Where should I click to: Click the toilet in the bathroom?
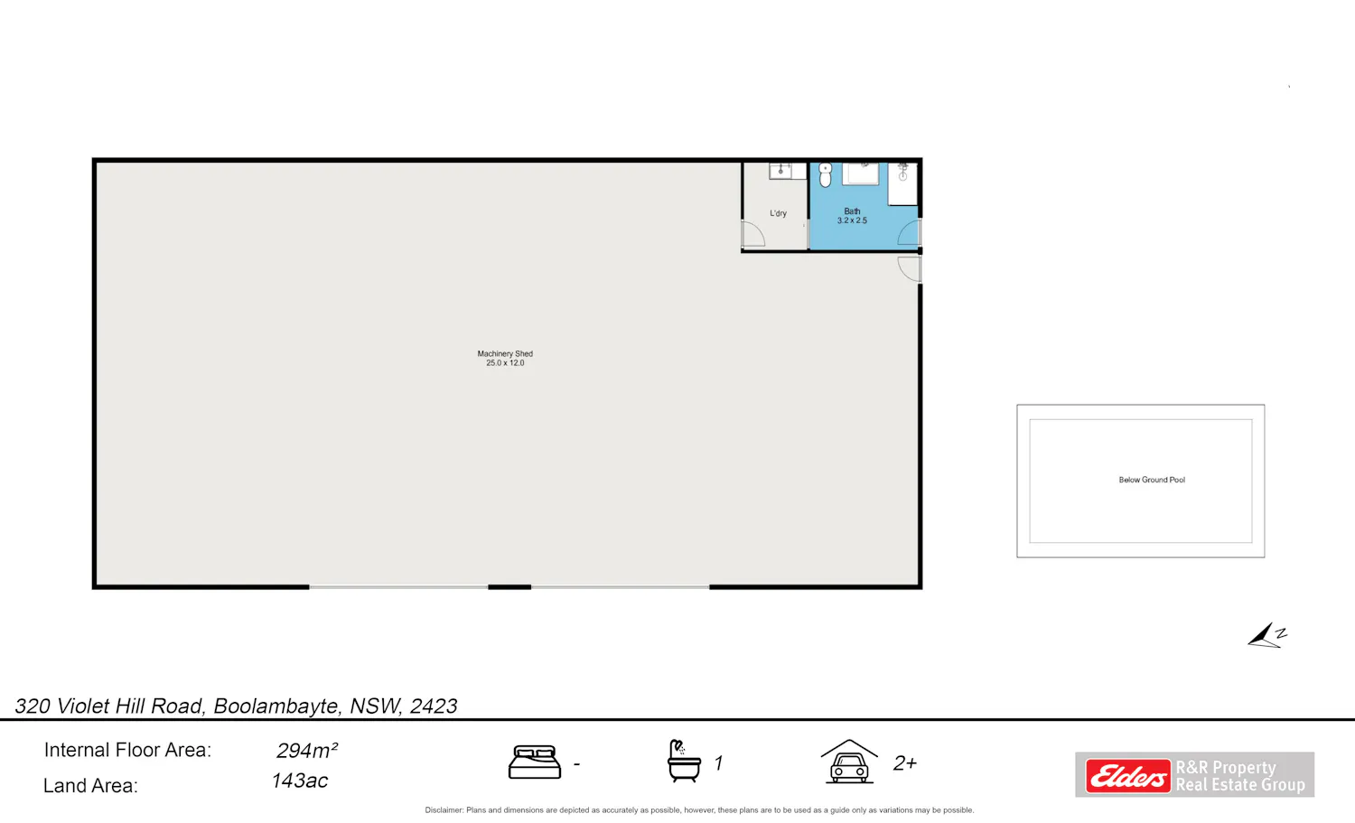click(x=825, y=175)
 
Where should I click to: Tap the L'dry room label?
click(x=778, y=213)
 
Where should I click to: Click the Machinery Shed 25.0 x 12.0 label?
click(x=505, y=359)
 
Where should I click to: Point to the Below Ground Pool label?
click(x=1152, y=480)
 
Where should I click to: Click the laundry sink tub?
click(x=780, y=171)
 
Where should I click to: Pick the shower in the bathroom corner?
click(x=902, y=183)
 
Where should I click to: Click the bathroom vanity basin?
click(x=861, y=173)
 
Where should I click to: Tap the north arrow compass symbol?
click(x=1266, y=635)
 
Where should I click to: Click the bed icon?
click(x=534, y=762)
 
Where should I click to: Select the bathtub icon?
click(x=684, y=761)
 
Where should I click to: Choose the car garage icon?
click(x=849, y=762)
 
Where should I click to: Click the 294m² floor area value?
click(x=307, y=751)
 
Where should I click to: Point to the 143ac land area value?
click(x=299, y=781)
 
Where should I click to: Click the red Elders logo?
click(x=1127, y=775)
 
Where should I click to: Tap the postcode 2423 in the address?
click(x=433, y=706)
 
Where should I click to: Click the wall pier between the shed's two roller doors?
click(x=509, y=587)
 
